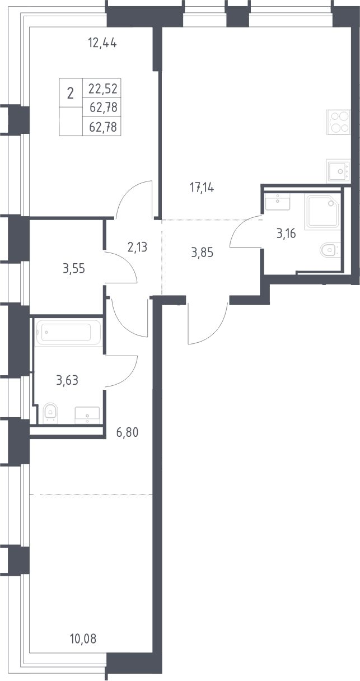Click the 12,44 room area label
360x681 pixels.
(102, 44)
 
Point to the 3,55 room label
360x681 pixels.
(74, 269)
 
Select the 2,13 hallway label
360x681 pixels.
(137, 248)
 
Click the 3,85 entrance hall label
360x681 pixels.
(202, 253)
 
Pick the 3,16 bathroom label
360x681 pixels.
(286, 234)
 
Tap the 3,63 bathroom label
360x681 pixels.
(67, 380)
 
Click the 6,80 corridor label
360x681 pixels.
(128, 432)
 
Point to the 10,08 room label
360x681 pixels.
(83, 639)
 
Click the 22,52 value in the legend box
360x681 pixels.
(103, 89)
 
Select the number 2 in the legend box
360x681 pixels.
(70, 94)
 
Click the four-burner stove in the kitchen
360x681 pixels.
(338, 122)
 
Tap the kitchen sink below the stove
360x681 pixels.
(338, 171)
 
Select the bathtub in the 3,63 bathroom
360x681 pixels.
(68, 333)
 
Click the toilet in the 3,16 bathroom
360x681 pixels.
(330, 250)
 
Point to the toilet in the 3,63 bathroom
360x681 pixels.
(50, 413)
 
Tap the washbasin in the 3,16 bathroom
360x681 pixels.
(277, 201)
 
